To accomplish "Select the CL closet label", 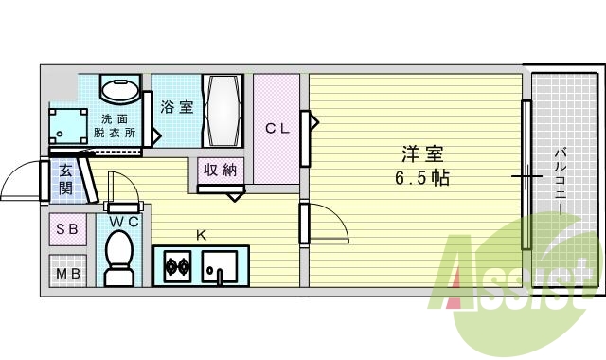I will (x=276, y=128).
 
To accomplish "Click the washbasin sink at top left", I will (x=120, y=93).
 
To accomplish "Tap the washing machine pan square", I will (x=70, y=126).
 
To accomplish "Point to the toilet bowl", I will (x=119, y=257).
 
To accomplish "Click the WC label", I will (x=124, y=222).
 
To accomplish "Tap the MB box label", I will (x=67, y=275).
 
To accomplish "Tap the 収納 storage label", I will (x=222, y=171).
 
